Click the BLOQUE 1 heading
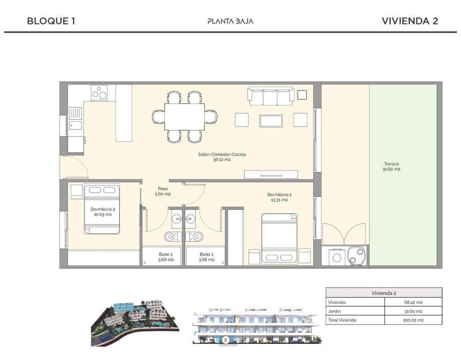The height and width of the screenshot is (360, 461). (51, 21)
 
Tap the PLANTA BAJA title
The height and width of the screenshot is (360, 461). (230, 21)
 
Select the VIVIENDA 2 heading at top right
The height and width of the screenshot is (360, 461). (410, 21)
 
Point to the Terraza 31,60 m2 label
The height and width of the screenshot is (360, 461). (391, 166)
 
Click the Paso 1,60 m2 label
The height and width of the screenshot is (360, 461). (163, 191)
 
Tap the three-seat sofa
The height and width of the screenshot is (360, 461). (271, 96)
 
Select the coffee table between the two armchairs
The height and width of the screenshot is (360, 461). (271, 121)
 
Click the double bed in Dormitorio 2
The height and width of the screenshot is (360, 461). (102, 209)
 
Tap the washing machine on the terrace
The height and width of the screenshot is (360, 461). (337, 257)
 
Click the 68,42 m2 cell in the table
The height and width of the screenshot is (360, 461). (413, 302)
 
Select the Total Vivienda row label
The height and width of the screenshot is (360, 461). (342, 320)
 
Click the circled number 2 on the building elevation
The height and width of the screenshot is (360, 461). (226, 340)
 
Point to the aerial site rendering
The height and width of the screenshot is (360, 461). (135, 323)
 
